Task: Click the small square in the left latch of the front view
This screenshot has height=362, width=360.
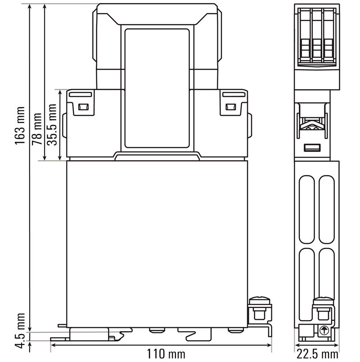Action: click(x=83, y=107)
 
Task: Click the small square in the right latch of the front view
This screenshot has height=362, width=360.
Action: click(x=230, y=107)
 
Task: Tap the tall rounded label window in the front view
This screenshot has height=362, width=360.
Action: click(x=157, y=88)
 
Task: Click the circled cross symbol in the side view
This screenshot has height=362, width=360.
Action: click(x=323, y=330)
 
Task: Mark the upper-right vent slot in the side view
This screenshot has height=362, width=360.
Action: click(x=327, y=207)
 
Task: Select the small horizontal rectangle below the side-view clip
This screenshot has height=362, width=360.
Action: click(x=311, y=148)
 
